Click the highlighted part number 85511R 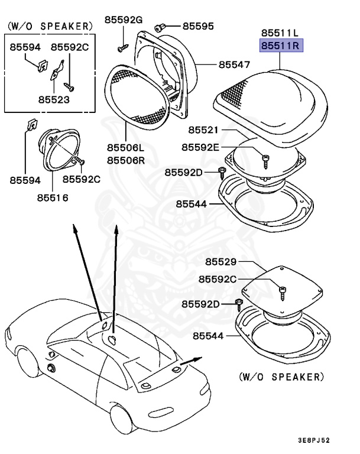281,44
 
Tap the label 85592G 124,20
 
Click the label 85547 234,64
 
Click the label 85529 220,261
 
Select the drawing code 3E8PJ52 314,440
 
